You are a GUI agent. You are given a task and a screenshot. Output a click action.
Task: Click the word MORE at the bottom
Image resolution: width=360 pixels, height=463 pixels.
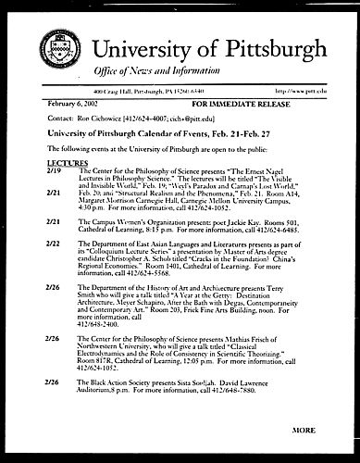tap(304, 431)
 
